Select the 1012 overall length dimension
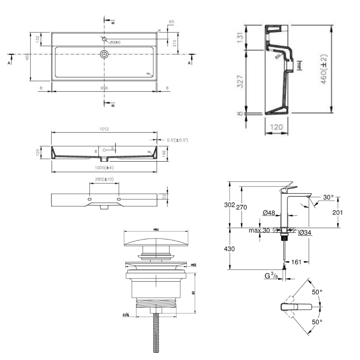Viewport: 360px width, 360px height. (x=104, y=129)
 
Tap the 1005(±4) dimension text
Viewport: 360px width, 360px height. (x=105, y=168)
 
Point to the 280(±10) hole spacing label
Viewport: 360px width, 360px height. (x=104, y=179)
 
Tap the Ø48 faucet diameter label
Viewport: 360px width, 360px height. (x=269, y=213)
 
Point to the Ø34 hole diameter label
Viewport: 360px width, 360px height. (x=305, y=233)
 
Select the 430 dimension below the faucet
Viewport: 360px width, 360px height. (x=230, y=249)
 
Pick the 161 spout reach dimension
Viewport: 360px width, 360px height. (x=296, y=262)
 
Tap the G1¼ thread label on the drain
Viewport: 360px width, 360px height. (x=126, y=315)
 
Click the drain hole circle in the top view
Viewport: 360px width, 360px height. (x=104, y=54)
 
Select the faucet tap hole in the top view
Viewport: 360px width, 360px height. (x=104, y=39)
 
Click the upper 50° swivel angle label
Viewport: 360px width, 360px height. (x=317, y=292)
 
